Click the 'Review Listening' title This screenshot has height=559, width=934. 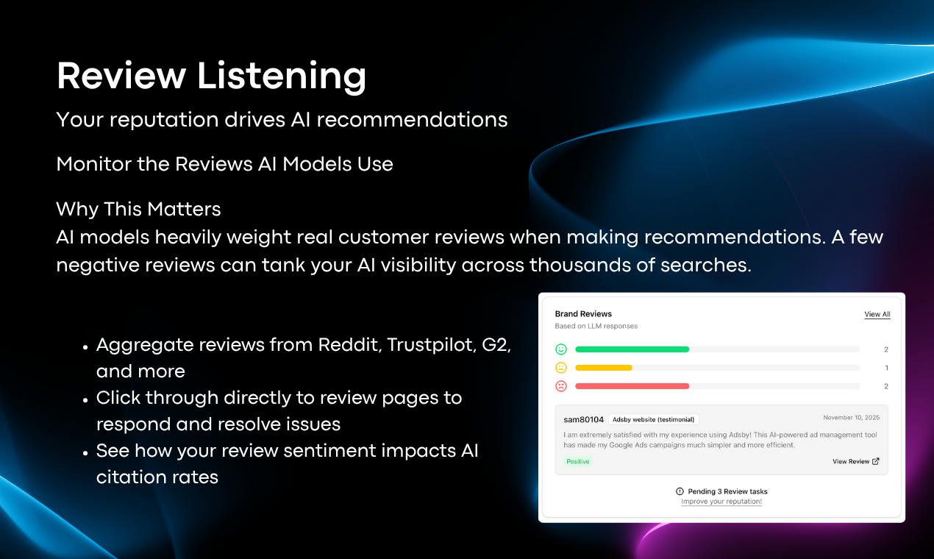click(x=211, y=76)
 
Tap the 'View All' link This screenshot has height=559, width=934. click(x=877, y=314)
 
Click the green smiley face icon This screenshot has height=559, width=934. click(x=561, y=349)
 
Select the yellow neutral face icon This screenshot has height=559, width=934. click(x=561, y=368)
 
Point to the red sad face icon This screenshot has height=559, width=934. click(x=561, y=386)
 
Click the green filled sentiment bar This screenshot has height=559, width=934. click(x=632, y=349)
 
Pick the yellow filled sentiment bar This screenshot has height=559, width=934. click(x=604, y=368)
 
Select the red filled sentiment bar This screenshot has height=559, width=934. click(x=632, y=386)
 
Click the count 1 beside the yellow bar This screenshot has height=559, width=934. click(x=886, y=368)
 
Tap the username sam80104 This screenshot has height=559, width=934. click(x=583, y=419)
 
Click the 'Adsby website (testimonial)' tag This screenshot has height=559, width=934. click(x=653, y=419)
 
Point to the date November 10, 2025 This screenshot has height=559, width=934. click(x=851, y=418)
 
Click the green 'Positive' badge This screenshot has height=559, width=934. click(x=578, y=461)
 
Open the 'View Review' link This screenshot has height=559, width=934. click(x=855, y=461)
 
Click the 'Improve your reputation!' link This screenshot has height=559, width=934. click(x=721, y=502)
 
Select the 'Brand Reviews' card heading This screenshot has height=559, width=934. click(x=583, y=314)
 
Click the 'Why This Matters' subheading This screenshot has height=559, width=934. click(x=138, y=209)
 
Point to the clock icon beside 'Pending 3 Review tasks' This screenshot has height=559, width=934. click(x=680, y=491)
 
